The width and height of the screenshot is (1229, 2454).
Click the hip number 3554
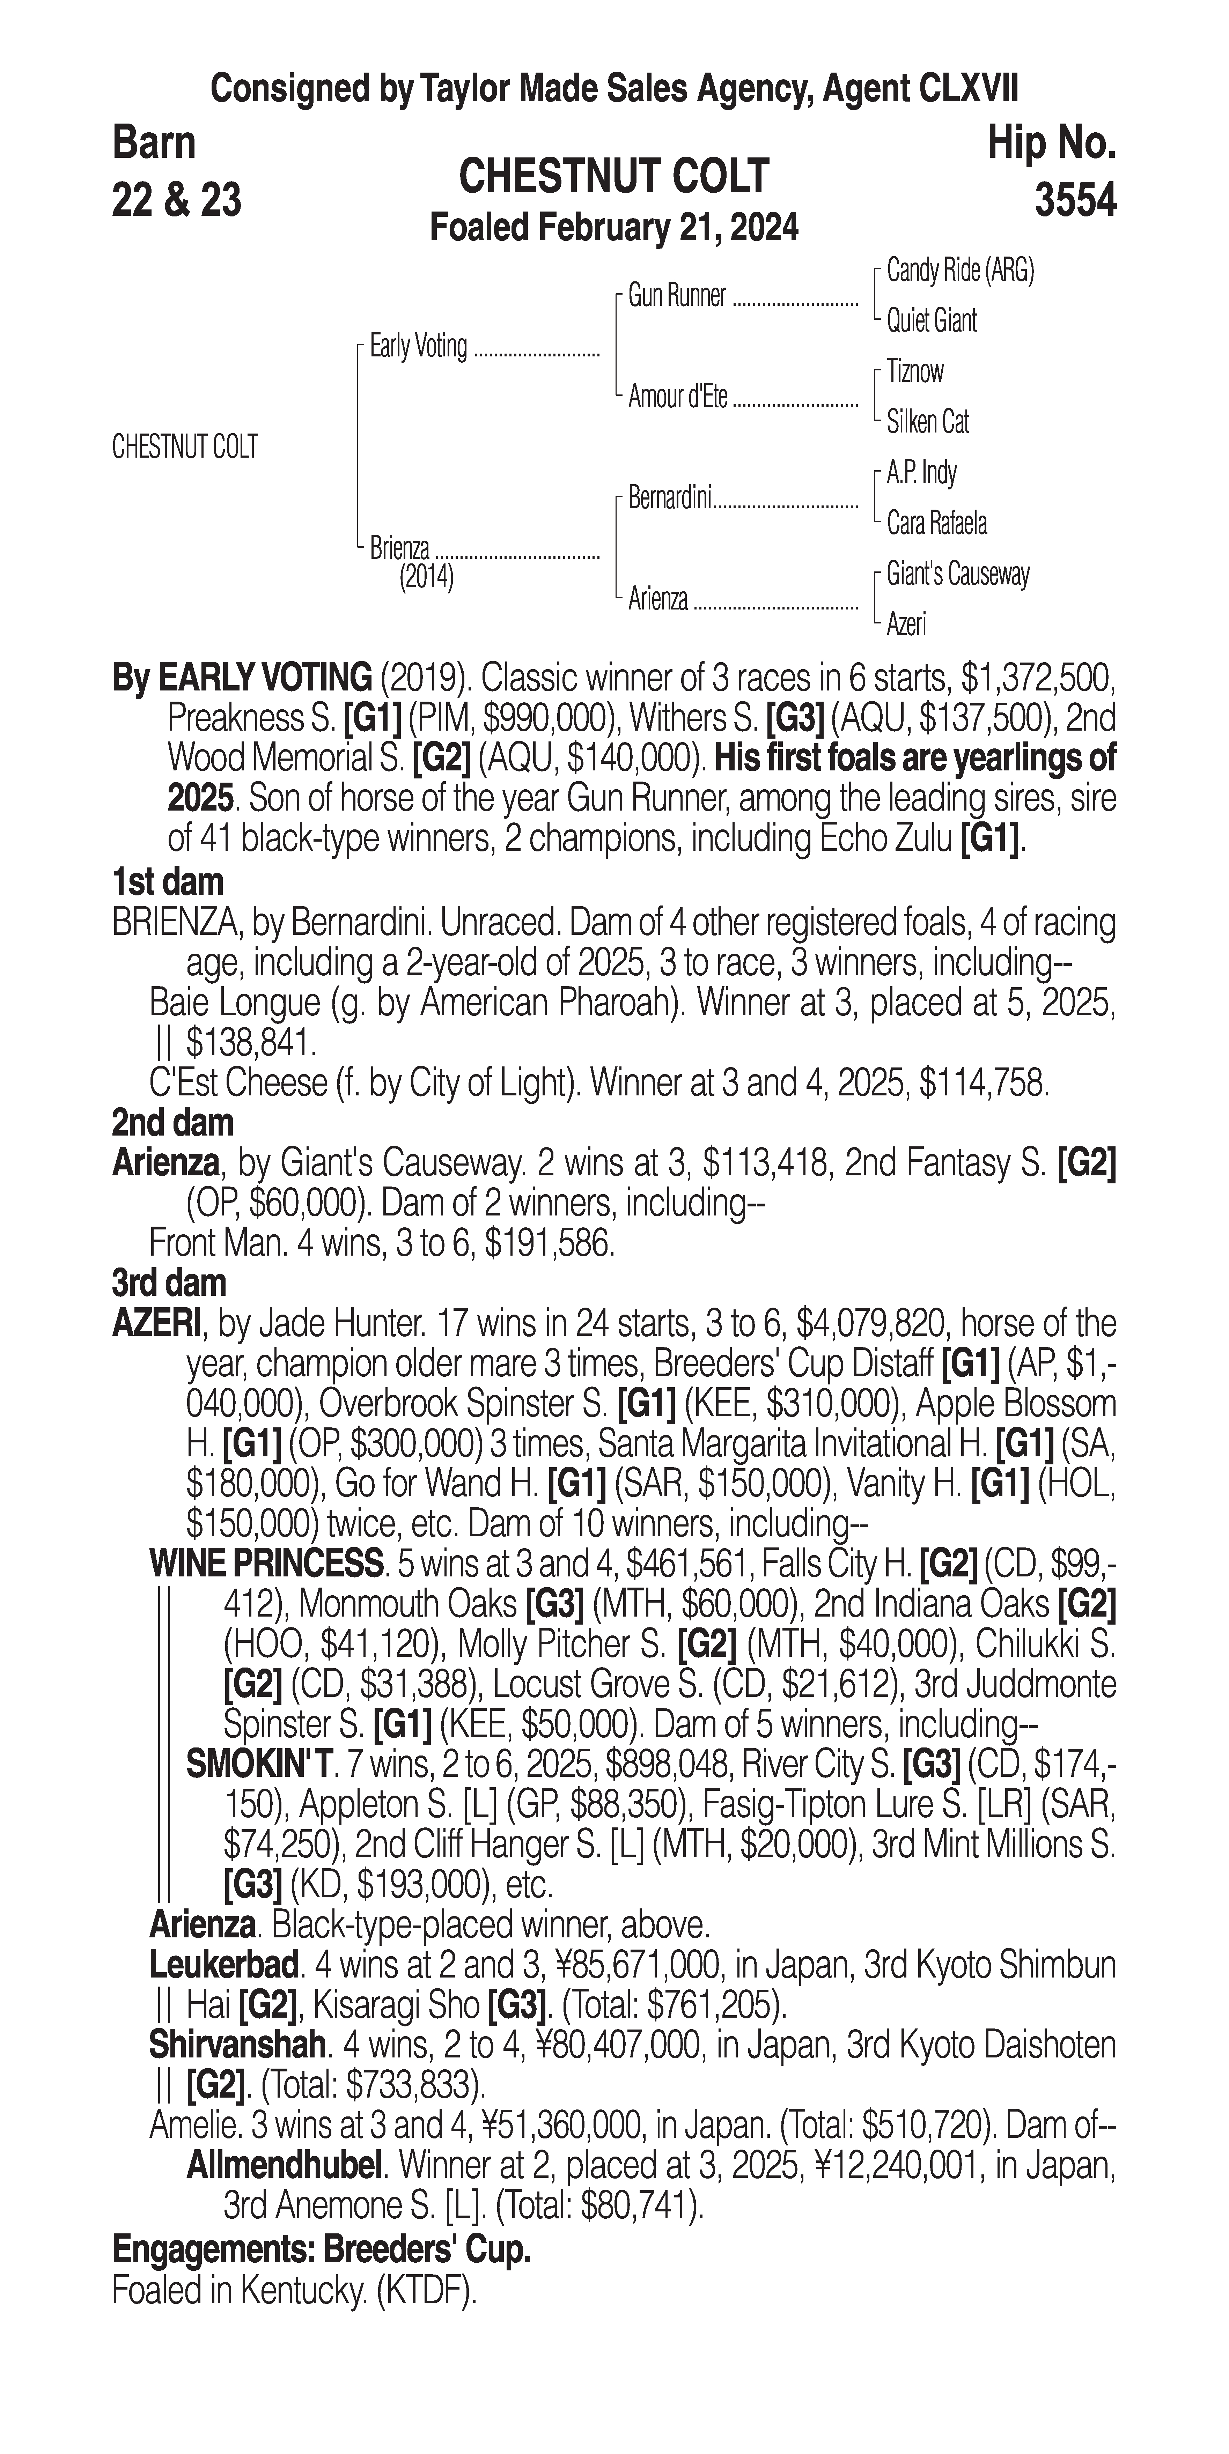[x=1075, y=200]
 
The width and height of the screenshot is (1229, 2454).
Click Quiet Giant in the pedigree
[x=931, y=321]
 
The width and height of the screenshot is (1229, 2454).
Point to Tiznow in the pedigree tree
[x=915, y=371]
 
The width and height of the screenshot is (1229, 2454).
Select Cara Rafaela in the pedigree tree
[x=936, y=523]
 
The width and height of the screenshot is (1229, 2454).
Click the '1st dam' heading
[x=168, y=882]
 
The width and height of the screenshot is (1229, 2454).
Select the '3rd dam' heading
[x=169, y=1283]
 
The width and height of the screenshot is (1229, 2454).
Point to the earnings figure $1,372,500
[x=1038, y=679]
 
